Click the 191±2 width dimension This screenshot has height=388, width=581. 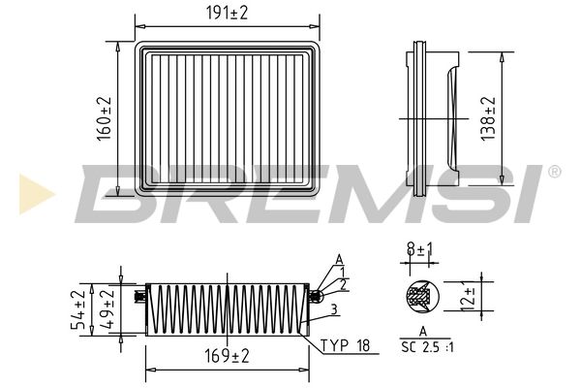click(x=227, y=14)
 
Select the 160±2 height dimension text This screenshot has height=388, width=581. click(x=105, y=118)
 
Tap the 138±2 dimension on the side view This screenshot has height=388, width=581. click(x=488, y=118)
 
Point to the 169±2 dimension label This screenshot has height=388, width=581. click(x=228, y=356)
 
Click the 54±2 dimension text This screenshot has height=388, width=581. click(x=78, y=310)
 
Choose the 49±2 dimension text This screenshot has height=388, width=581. click(x=107, y=309)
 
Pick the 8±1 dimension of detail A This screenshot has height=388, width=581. click(x=420, y=249)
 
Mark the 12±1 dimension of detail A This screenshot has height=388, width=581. click(x=468, y=297)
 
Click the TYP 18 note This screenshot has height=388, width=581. click(x=346, y=345)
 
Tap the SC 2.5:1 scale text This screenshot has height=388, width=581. click(x=427, y=347)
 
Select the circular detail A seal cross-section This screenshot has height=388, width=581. click(x=422, y=297)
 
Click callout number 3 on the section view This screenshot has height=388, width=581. click(x=334, y=309)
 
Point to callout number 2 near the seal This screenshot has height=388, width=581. click(x=343, y=285)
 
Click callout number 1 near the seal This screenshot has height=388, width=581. click(x=343, y=273)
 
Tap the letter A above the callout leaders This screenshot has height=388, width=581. click(x=339, y=260)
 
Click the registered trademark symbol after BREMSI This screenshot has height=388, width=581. click(x=554, y=172)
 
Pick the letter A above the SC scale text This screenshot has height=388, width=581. click(x=423, y=332)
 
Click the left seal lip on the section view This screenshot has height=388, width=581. click(x=138, y=296)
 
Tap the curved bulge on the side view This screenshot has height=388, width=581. click(x=452, y=118)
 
